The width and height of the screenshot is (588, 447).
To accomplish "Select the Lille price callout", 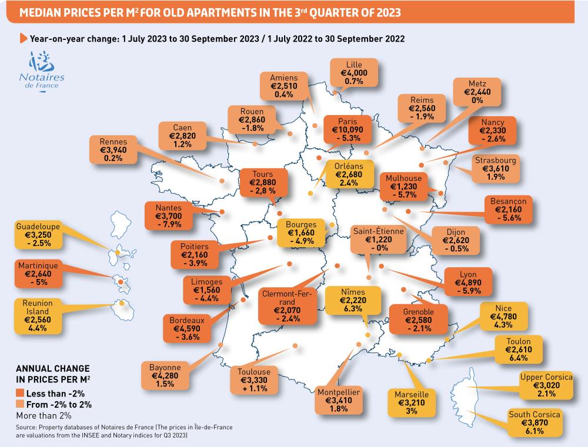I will (354, 73).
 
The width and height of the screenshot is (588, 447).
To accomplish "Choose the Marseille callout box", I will (411, 402).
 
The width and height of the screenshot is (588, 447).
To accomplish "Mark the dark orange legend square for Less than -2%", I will (19, 393).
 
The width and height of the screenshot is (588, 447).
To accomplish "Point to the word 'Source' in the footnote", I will (27, 428).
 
